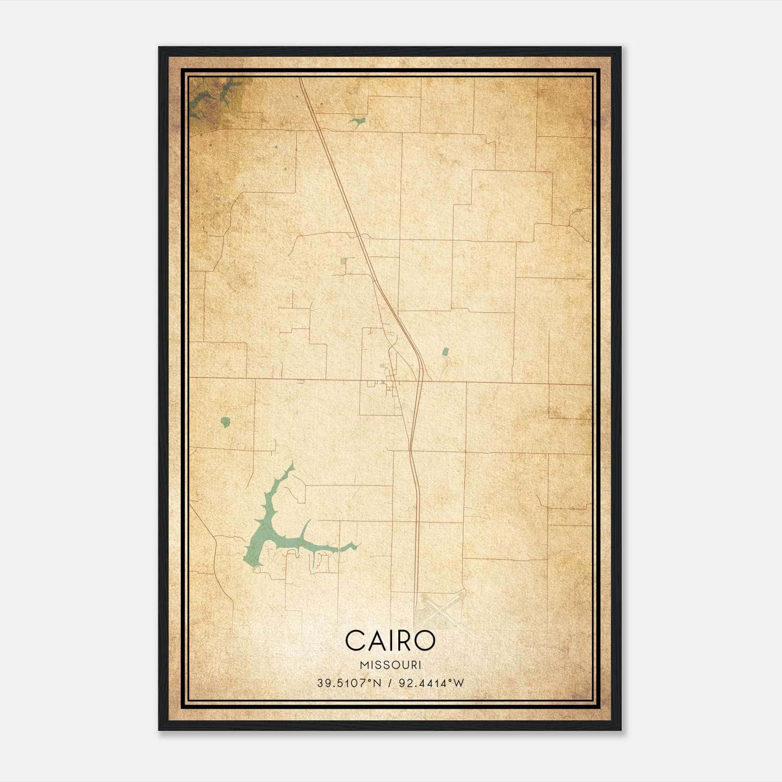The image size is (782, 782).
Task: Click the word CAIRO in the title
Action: click(390, 641)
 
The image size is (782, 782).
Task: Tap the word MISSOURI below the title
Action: click(390, 665)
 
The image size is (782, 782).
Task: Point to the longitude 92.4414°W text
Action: click(432, 683)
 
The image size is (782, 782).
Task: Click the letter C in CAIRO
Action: click(354, 641)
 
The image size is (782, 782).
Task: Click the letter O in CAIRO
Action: click(425, 641)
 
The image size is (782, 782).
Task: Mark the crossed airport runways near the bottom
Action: click(438, 611)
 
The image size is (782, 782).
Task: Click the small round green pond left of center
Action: click(225, 421)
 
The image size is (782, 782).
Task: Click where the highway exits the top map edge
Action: click(301, 80)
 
